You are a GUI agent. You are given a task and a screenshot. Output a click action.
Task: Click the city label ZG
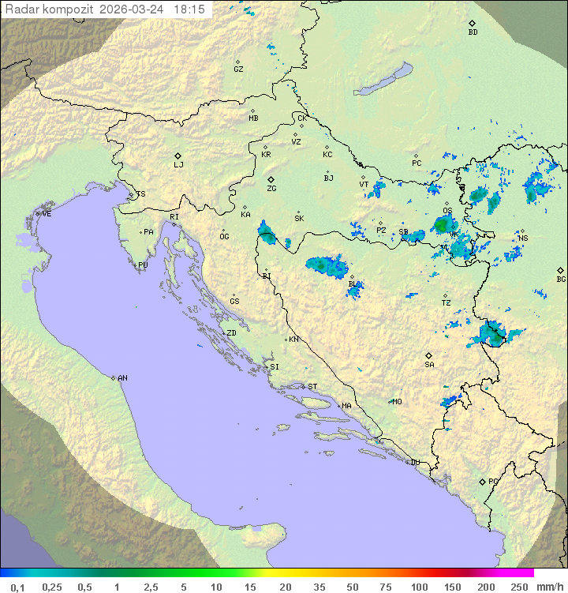click(271, 190)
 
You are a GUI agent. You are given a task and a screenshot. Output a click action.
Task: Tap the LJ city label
click(178, 165)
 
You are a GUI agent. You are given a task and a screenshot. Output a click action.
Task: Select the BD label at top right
click(473, 32)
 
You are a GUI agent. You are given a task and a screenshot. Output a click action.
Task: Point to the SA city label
click(429, 365)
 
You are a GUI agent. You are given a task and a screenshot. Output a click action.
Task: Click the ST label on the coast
click(312, 387)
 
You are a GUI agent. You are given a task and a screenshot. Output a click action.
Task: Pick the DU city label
click(415, 463)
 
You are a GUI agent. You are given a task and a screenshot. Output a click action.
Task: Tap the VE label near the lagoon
click(47, 214)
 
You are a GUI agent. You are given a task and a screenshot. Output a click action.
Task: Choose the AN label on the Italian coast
click(122, 378)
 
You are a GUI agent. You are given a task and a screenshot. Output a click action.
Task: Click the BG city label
click(561, 279)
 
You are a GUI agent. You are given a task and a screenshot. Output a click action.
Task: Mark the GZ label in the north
click(238, 69)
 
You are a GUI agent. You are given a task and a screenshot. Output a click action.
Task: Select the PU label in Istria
click(143, 265)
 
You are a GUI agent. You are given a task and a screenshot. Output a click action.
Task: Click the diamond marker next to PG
click(483, 481)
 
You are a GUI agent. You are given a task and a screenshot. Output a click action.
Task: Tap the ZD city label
click(231, 333)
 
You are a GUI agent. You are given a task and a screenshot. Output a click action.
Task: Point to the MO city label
click(397, 402)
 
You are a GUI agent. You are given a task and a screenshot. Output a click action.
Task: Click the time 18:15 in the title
click(189, 9)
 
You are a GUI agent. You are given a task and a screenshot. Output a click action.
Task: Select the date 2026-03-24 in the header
click(134, 9)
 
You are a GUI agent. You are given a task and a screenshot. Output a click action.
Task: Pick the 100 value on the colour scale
click(419, 587)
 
